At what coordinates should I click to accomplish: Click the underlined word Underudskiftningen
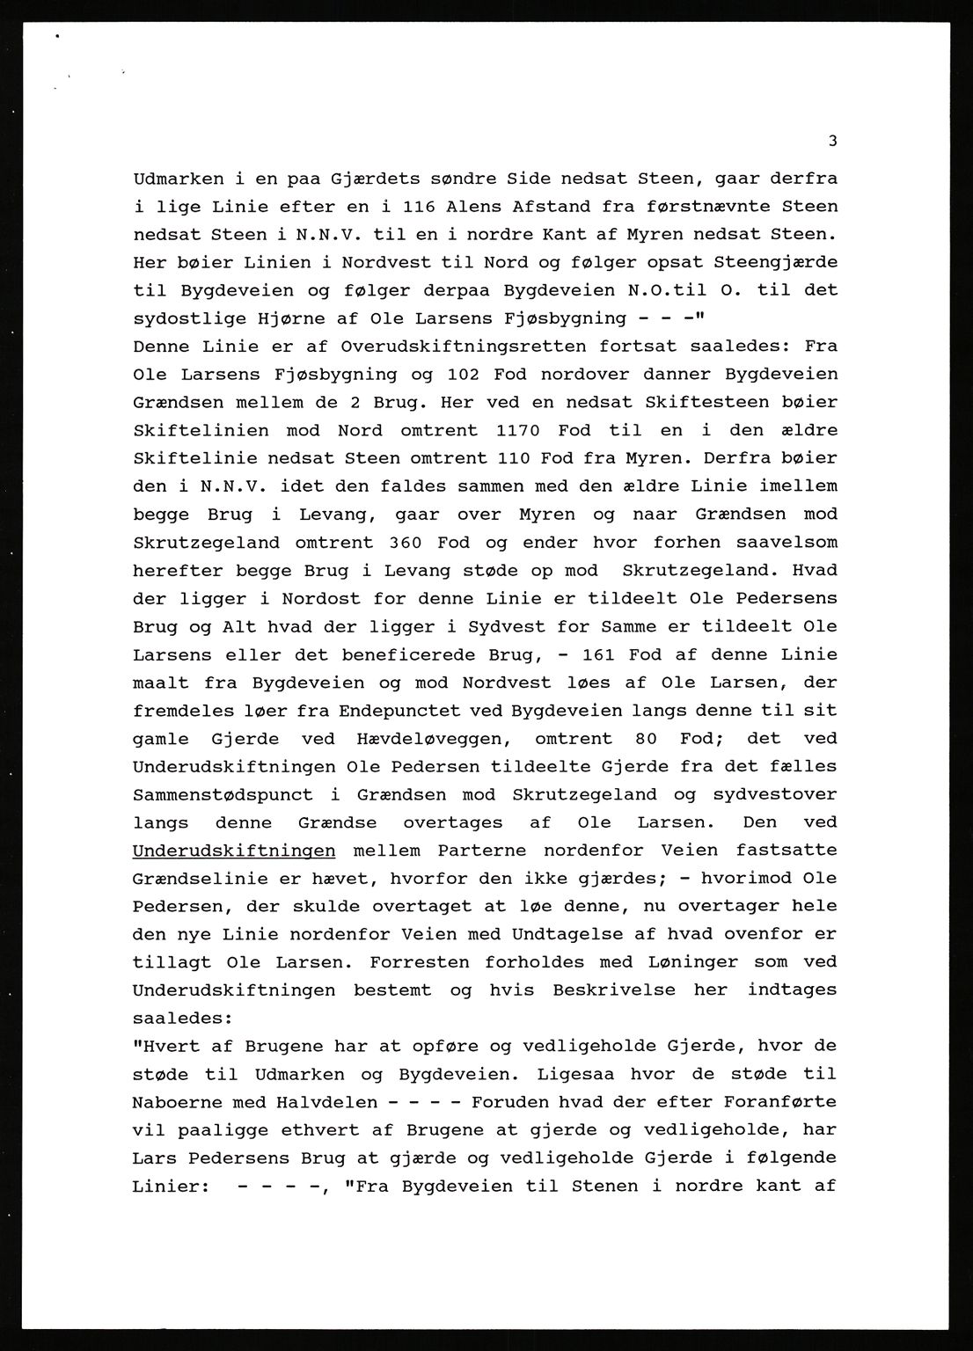point(233,851)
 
